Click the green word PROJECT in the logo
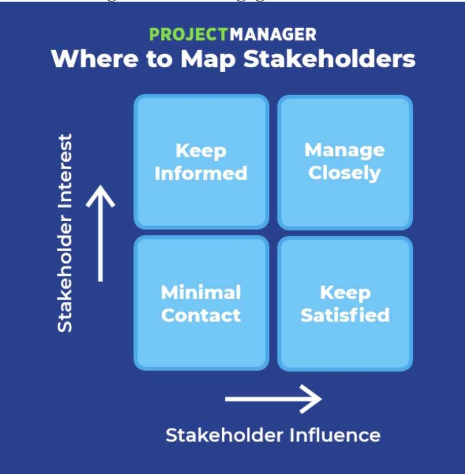189,35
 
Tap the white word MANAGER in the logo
273,35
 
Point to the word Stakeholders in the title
329,59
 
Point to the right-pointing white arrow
274,399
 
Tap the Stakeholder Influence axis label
273,435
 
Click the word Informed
201,174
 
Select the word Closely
344,173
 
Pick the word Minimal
201,293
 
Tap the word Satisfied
345,315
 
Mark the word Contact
201,315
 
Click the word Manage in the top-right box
344,150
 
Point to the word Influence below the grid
335,435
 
